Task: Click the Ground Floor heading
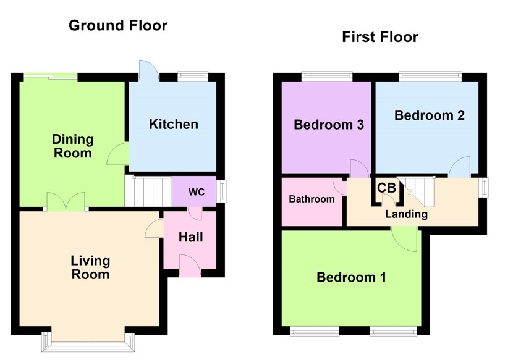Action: pyautogui.click(x=117, y=25)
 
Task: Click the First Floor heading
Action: pyautogui.click(x=380, y=37)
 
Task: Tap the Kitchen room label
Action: pyautogui.click(x=174, y=124)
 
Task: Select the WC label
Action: pyautogui.click(x=197, y=192)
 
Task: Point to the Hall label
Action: pyautogui.click(x=190, y=237)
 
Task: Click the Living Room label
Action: pyautogui.click(x=90, y=267)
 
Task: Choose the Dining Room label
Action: pyautogui.click(x=73, y=146)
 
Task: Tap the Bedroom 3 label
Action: pyautogui.click(x=328, y=125)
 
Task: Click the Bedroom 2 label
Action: pyautogui.click(x=430, y=115)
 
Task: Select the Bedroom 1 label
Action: pyautogui.click(x=351, y=277)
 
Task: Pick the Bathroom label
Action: pyautogui.click(x=312, y=199)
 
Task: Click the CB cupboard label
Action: pyautogui.click(x=386, y=188)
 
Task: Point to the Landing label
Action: pyautogui.click(x=406, y=214)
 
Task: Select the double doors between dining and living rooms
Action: pyautogui.click(x=66, y=203)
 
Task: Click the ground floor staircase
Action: pyautogui.click(x=148, y=191)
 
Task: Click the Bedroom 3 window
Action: pyautogui.click(x=327, y=77)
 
